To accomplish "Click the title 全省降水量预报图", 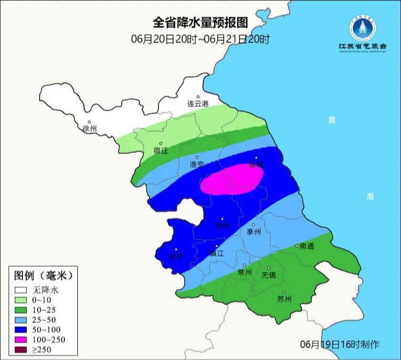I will tap(200, 22).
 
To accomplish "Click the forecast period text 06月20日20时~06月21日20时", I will tap(200, 39).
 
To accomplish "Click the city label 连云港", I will tap(198, 104).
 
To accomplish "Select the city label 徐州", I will tap(89, 129).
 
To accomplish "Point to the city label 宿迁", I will tap(161, 150).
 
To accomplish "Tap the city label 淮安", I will tap(197, 164).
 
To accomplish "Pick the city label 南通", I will tap(307, 246).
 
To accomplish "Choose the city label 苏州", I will tap(284, 299).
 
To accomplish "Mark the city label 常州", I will tap(244, 272).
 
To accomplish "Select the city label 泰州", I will tap(254, 232).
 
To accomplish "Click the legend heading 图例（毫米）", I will tap(43, 275).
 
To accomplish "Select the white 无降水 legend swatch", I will tap(21, 289).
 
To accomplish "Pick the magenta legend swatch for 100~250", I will tap(21, 339).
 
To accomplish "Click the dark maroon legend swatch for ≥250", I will tap(21, 349).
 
